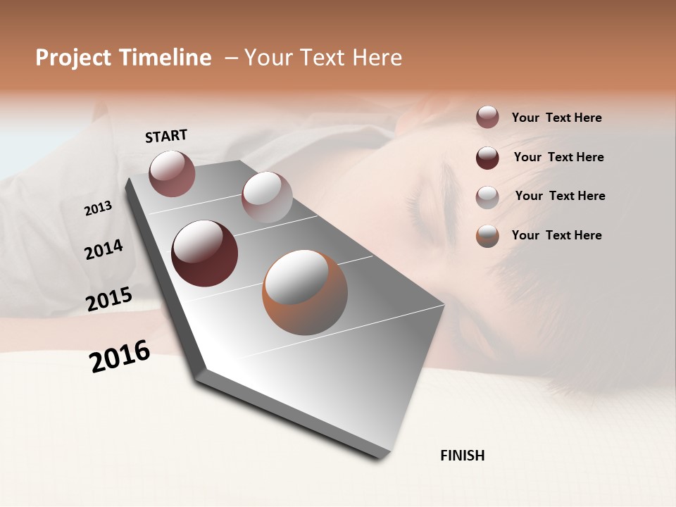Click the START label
166,136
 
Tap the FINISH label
462,456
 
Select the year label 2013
98,208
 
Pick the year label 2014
104,249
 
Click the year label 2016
120,356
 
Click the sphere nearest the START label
172,173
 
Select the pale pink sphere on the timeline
266,197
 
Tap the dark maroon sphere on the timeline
204,254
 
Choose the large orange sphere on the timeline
304,292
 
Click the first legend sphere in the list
487,118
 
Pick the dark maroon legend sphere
487,157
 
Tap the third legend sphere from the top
487,196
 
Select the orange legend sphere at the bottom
487,236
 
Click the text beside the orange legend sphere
556,235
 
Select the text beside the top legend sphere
556,118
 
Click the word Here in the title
377,58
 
